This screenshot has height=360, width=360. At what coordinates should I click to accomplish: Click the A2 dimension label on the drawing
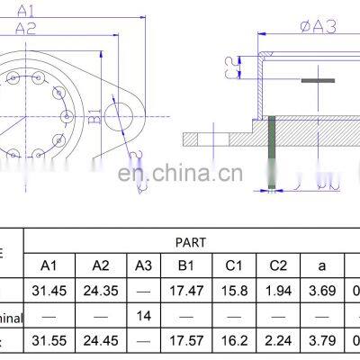(28, 29)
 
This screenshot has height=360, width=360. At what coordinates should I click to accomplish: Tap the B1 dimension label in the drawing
(93, 116)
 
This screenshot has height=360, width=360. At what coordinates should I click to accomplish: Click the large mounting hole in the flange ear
(122, 114)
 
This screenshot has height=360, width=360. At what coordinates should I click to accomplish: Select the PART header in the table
(191, 242)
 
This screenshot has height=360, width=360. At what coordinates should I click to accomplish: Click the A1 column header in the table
(50, 266)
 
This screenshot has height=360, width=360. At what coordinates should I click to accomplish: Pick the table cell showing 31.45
(50, 292)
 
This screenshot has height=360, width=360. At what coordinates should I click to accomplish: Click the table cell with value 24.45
(100, 343)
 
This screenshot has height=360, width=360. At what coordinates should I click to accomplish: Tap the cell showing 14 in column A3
(143, 317)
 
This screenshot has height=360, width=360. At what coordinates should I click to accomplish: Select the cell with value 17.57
(186, 343)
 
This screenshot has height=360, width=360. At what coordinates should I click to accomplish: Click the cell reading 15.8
(233, 292)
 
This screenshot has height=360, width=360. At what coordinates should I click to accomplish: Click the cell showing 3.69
(323, 292)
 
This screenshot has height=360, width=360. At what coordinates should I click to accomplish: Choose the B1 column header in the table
(186, 266)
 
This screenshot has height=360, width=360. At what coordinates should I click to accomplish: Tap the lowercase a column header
(323, 266)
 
